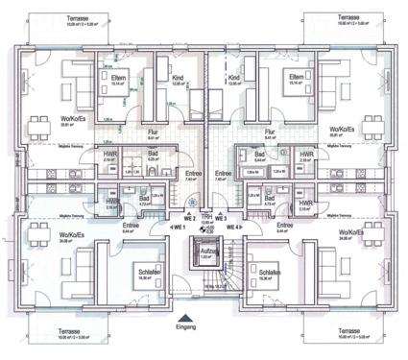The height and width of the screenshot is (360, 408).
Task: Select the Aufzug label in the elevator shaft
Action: click(204, 252)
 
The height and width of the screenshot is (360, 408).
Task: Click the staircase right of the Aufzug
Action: click(228, 278)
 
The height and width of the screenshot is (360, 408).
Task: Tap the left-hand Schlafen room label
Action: click(147, 272)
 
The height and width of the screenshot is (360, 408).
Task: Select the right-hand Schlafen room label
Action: click(270, 272)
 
